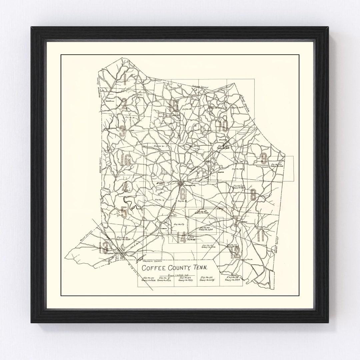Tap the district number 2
(124, 104)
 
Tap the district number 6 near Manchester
(182, 194)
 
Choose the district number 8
(253, 194)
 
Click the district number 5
(124, 211)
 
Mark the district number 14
(181, 238)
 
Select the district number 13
(104, 247)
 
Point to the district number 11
(261, 236)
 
